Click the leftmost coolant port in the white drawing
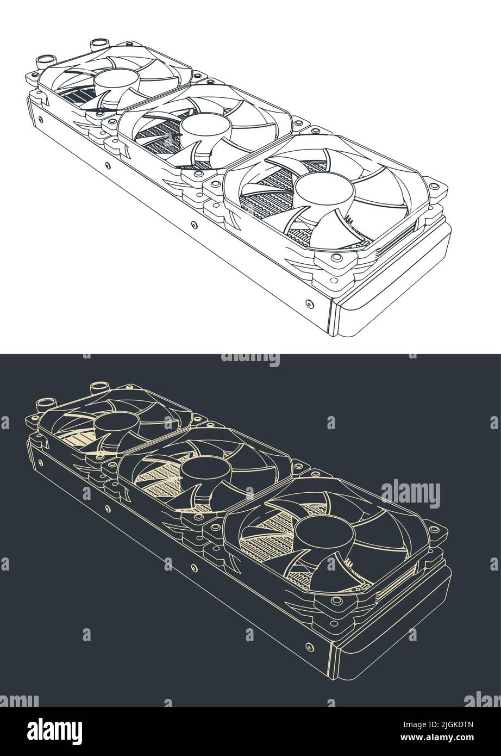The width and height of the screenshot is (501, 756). [x=43, y=62]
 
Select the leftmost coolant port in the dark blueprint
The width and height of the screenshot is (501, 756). [x=43, y=405]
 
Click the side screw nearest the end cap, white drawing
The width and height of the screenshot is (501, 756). [x=309, y=303]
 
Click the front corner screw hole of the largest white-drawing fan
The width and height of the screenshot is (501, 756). [x=336, y=258]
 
